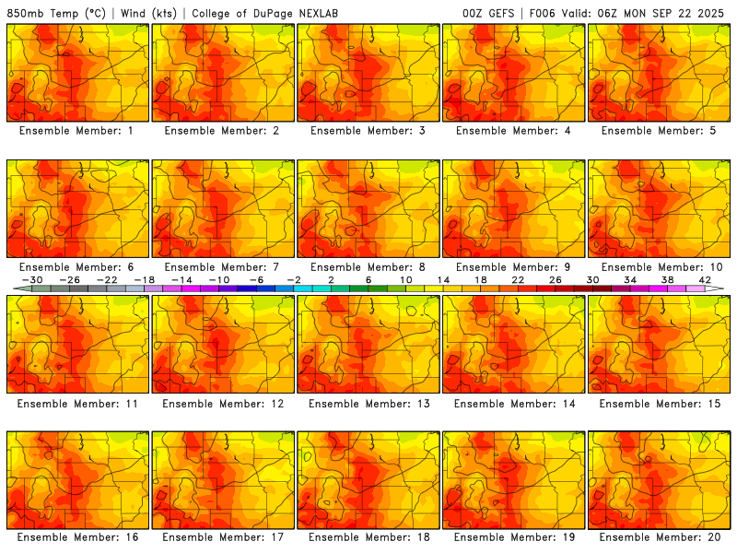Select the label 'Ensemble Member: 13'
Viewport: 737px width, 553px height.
pos(370,403)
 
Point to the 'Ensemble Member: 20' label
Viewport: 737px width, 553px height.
pos(660,537)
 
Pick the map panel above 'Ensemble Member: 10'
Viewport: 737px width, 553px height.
pos(661,208)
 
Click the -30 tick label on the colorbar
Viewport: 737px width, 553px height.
pos(32,279)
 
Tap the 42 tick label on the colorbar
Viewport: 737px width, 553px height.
pos(705,279)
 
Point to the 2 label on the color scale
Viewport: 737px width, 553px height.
pos(331,279)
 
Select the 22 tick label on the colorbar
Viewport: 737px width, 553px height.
pos(518,279)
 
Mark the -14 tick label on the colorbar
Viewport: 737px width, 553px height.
pos(181,279)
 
